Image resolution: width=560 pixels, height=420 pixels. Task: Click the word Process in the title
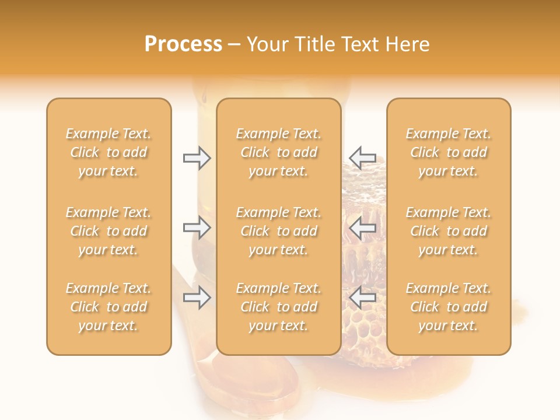(x=183, y=44)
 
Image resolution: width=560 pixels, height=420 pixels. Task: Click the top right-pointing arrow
(x=197, y=157)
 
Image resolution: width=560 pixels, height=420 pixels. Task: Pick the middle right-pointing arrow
(x=197, y=228)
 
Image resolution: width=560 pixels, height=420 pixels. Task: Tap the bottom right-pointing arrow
(x=197, y=298)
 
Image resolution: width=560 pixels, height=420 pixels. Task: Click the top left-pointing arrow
(x=362, y=157)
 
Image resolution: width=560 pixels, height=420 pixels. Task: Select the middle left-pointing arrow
(x=362, y=228)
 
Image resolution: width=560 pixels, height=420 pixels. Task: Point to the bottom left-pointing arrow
(x=362, y=298)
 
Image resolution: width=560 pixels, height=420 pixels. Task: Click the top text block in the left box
(x=108, y=152)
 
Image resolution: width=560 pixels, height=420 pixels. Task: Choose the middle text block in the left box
(x=108, y=231)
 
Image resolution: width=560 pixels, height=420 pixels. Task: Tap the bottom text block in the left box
(x=108, y=307)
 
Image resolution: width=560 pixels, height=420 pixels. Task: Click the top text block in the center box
(x=279, y=152)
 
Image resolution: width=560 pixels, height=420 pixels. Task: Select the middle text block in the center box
(x=279, y=231)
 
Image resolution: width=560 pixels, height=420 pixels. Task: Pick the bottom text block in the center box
(x=279, y=307)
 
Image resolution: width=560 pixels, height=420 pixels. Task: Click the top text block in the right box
(x=449, y=152)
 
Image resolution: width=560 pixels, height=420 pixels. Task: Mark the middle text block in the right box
(x=449, y=231)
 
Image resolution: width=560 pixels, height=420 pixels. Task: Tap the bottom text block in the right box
(x=449, y=307)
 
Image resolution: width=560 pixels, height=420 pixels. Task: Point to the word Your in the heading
(x=267, y=44)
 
